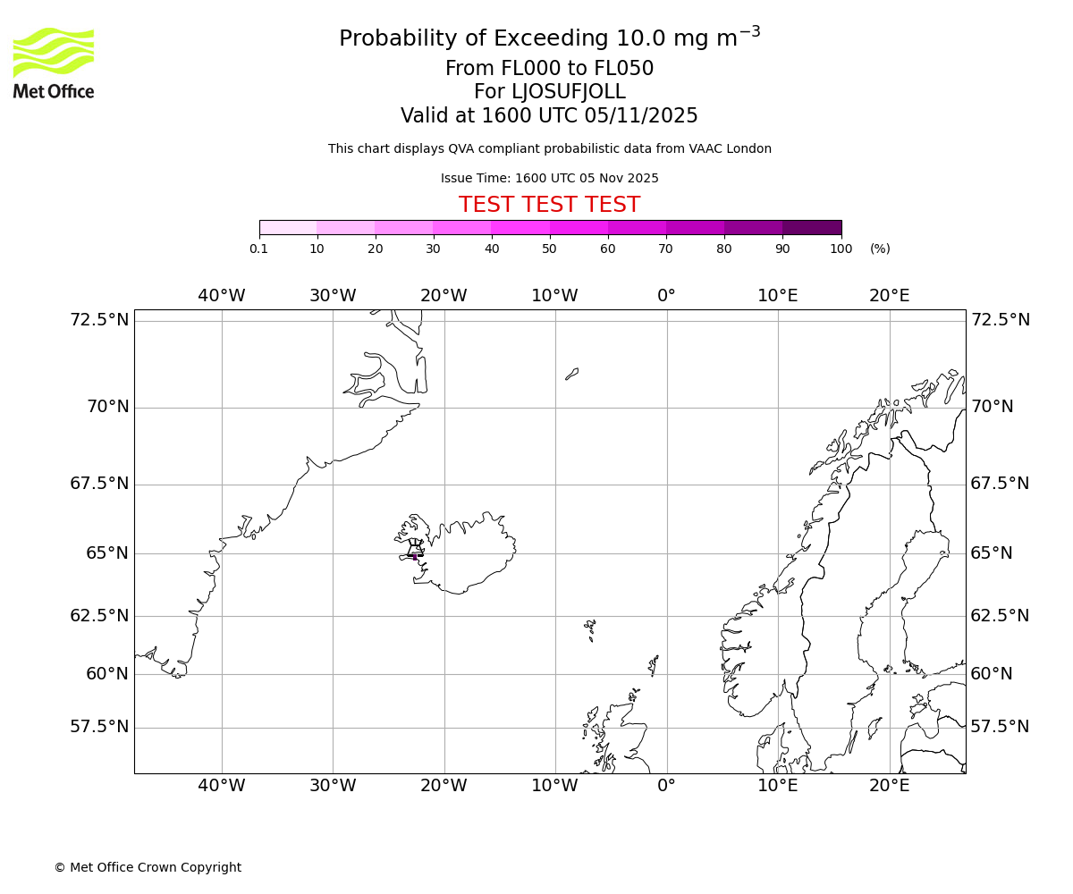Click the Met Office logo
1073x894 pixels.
coord(54,63)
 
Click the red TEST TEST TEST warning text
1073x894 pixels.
coord(549,206)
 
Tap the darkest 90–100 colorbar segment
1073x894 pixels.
coord(812,228)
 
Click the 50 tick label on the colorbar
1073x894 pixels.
coord(550,249)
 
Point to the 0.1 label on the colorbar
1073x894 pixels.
coord(258,249)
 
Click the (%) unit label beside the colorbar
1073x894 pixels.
coord(880,249)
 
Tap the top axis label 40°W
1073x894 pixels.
coord(221,296)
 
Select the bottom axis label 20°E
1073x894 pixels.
coord(889,786)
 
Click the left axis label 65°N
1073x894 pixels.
coord(107,553)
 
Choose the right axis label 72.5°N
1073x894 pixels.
coord(1000,320)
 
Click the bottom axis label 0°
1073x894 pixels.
coord(666,786)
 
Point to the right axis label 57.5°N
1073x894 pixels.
coord(1000,727)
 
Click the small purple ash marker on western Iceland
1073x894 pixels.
coord(415,557)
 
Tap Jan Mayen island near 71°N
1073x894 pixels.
coord(572,374)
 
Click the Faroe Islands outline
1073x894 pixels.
coord(590,628)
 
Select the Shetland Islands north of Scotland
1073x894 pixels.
coord(654,665)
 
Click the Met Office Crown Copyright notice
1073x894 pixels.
coord(148,867)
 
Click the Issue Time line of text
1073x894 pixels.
coord(549,179)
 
